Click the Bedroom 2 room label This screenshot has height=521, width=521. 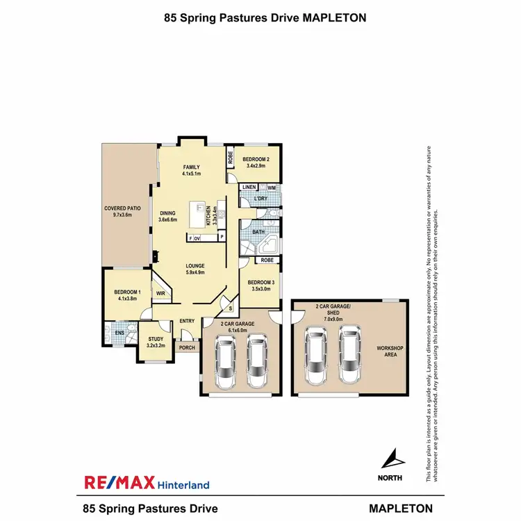click(256, 160)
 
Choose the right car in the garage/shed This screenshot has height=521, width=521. click(350, 354)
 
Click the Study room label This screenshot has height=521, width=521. click(155, 340)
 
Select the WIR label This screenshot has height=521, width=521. click(160, 294)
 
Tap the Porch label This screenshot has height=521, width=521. click(187, 347)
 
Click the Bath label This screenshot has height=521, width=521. click(258, 232)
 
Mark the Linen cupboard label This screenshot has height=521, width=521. click(249, 188)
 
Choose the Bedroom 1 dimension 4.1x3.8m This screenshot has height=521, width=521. click(127, 298)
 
